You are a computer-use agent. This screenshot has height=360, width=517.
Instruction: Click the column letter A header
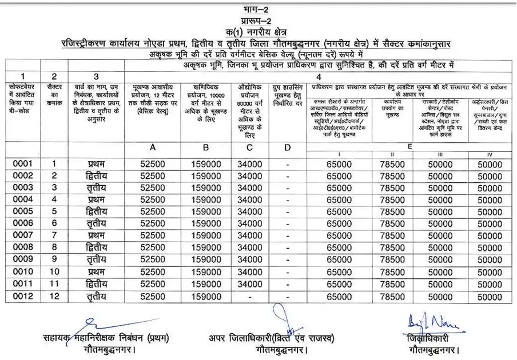pyautogui.click(x=152, y=147)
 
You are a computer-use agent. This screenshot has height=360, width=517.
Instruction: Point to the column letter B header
pyautogui.click(x=206, y=147)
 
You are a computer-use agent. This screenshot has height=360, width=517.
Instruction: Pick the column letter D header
pyautogui.click(x=287, y=147)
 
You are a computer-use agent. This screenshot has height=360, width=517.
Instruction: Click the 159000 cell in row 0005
pyautogui.click(x=206, y=211)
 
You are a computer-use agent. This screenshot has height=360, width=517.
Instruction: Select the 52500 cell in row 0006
pyautogui.click(x=152, y=223)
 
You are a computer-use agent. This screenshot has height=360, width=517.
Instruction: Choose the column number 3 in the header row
pyautogui.click(x=96, y=76)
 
